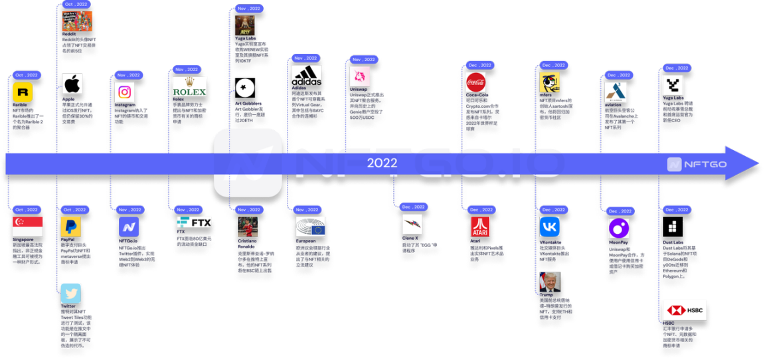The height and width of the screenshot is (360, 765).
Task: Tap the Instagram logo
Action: pyautogui.click(x=124, y=92)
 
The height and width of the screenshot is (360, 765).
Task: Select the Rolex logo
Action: pyautogui.click(x=189, y=88)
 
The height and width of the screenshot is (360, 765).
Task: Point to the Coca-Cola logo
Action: pyautogui.click(x=475, y=82)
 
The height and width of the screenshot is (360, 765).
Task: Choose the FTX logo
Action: pyautogui.click(x=194, y=223)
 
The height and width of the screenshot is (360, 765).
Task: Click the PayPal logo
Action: pyautogui.click(x=71, y=226)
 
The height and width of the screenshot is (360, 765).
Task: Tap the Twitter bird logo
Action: pyautogui.click(x=70, y=293)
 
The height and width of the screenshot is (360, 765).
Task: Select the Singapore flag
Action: pyautogui.click(x=28, y=226)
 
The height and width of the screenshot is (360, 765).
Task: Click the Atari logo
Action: pyautogui.click(x=479, y=226)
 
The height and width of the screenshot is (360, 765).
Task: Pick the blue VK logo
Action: pyautogui.click(x=549, y=226)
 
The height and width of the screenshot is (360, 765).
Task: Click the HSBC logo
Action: pyautogui.click(x=685, y=310)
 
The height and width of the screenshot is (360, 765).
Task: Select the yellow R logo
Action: pyautogui.click(x=23, y=92)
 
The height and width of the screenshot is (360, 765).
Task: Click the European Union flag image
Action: pyautogui.click(x=310, y=226)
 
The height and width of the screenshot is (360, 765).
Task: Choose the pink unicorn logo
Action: pyautogui.click(x=359, y=76)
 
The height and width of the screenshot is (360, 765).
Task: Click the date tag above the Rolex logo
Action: pyautogui.click(x=187, y=69)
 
